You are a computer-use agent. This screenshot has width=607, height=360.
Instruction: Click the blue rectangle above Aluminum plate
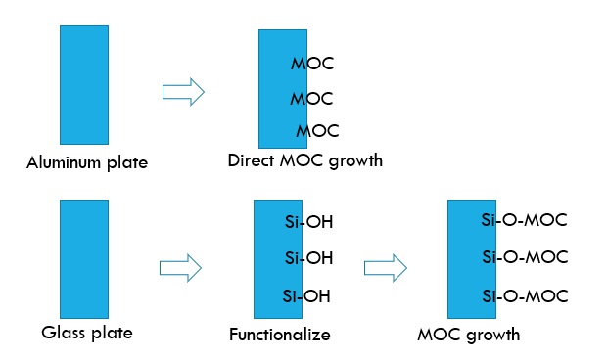click(x=84, y=86)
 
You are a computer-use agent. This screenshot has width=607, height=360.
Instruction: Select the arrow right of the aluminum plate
click(x=182, y=92)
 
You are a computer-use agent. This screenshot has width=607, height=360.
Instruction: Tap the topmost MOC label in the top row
click(x=312, y=65)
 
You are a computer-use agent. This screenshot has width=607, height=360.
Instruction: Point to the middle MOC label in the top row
click(x=312, y=99)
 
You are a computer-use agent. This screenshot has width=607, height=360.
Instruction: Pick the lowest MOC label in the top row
click(x=317, y=130)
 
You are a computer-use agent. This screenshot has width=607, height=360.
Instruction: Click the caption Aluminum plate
click(x=87, y=162)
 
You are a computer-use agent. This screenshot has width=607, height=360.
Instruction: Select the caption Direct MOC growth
click(x=304, y=160)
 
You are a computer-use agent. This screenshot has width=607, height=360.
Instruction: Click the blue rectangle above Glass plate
click(x=84, y=258)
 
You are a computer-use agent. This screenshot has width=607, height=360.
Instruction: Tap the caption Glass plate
click(x=87, y=333)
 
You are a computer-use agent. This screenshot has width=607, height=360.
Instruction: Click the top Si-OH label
click(x=309, y=223)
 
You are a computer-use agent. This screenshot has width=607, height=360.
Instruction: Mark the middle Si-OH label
click(x=309, y=258)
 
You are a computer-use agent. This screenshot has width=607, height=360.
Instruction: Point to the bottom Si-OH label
click(x=305, y=295)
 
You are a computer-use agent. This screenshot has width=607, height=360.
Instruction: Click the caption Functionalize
click(x=280, y=335)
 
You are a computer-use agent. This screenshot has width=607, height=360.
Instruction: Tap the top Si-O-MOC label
click(x=525, y=220)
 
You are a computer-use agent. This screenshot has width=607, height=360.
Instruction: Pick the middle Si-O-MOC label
click(x=525, y=257)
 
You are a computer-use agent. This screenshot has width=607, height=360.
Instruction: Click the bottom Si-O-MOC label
click(x=525, y=294)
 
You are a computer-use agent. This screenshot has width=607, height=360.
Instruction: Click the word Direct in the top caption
click(x=250, y=160)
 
